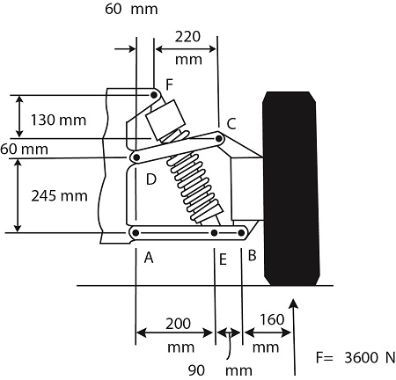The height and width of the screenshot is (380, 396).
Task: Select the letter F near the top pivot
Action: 169,83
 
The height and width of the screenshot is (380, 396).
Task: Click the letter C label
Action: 231,123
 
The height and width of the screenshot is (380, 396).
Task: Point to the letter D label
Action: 150,179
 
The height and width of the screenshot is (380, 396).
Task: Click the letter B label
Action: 251,257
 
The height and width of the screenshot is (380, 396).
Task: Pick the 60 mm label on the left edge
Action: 23,149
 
